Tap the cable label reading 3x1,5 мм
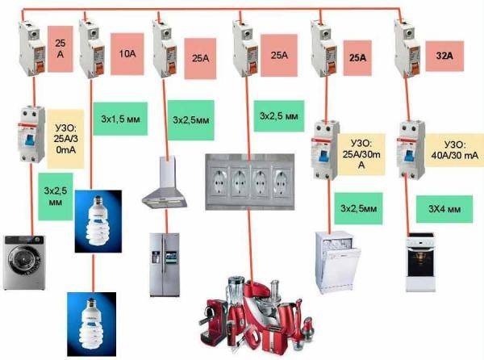click(117, 116)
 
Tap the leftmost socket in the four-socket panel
click(222, 182)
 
